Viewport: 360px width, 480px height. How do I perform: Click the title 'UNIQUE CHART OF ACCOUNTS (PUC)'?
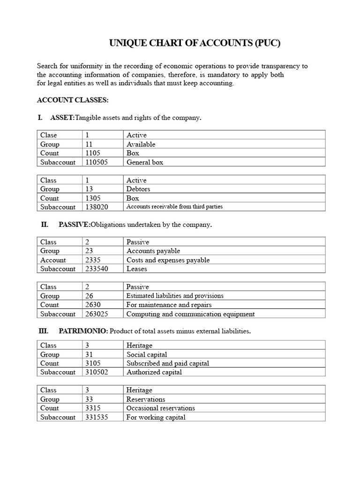tap(195, 44)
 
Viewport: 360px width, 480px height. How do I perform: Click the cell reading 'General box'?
tap(145, 162)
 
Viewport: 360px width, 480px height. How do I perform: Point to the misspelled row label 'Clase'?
tap(48, 135)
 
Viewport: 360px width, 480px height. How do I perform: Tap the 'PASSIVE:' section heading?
tap(74, 225)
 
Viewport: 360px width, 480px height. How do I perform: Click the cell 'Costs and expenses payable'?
tap(168, 260)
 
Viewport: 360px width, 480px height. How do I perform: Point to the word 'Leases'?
tap(137, 269)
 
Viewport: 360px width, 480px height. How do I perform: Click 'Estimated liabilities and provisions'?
tap(175, 296)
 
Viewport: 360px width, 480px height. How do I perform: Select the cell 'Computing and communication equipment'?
tap(190, 314)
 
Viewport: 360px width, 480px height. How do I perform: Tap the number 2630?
tap(93, 305)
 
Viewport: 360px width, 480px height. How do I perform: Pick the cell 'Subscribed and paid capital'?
tap(168, 363)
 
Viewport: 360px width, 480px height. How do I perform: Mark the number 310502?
tap(97, 372)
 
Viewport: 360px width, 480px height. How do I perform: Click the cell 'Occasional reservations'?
tap(161, 408)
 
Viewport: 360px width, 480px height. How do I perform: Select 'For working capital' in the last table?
tap(156, 417)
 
